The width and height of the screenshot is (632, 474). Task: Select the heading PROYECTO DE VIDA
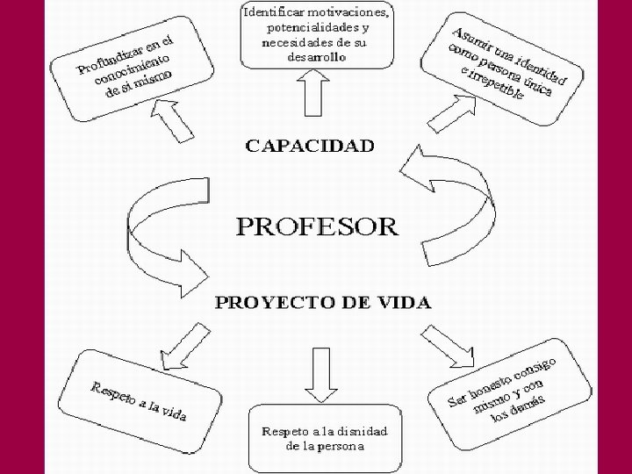coord(324,303)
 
